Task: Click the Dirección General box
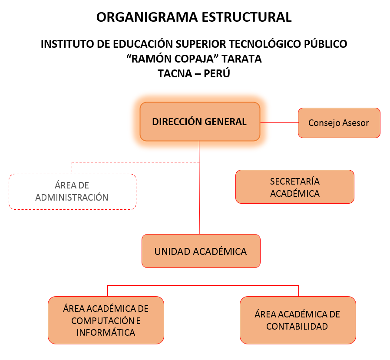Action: (200, 122)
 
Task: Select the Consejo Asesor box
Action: (339, 123)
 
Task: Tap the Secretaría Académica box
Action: (295, 187)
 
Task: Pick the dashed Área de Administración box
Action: (73, 192)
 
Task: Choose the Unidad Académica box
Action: (201, 251)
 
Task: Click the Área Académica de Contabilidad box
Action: (298, 320)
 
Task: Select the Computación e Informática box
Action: (106, 320)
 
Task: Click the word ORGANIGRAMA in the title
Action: (147, 17)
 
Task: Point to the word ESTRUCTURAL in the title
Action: (247, 17)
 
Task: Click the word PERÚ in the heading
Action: (217, 73)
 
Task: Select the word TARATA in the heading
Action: (241, 59)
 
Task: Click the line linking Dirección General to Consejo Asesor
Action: (279, 122)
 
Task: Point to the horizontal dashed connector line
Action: (136, 162)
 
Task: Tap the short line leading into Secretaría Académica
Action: (218, 187)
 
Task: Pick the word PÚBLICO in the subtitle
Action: (325, 44)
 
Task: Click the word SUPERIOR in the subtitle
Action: (201, 44)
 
